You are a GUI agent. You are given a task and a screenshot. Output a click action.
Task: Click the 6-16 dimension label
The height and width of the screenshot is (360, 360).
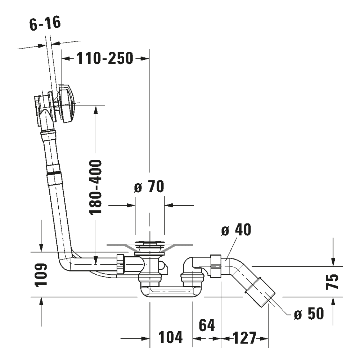point(45,23)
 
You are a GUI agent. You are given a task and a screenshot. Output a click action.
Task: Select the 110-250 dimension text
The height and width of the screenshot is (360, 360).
point(105,58)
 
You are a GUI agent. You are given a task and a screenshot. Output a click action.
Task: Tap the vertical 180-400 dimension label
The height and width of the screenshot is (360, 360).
point(95,187)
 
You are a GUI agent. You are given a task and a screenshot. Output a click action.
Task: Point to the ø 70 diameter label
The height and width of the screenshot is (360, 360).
point(149,186)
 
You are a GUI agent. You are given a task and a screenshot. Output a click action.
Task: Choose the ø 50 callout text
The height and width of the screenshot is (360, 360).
point(309,314)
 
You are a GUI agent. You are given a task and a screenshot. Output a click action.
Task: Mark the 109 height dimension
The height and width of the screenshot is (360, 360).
point(41,275)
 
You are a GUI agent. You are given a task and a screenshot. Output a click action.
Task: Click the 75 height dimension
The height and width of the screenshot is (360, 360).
point(332,282)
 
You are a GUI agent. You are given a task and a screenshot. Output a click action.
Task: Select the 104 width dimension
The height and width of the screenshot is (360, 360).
point(170,337)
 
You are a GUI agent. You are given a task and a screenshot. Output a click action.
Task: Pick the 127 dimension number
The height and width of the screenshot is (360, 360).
point(244,338)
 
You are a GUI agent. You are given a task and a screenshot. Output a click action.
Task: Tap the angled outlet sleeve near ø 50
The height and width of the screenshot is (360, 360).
point(260,292)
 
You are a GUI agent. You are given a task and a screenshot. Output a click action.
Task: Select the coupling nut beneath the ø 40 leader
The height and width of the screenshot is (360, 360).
point(216,266)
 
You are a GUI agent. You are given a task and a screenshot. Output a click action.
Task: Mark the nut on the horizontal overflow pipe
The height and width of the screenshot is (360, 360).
point(120,264)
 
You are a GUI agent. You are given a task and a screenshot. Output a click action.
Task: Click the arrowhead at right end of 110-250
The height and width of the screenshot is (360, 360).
point(145,59)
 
